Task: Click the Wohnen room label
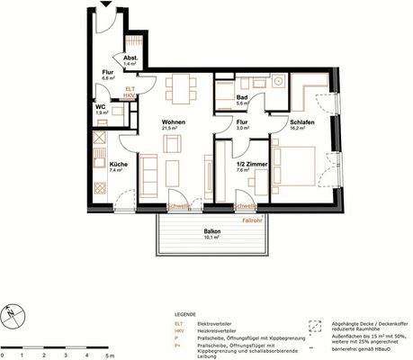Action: tap(174, 121)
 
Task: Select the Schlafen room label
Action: tap(302, 121)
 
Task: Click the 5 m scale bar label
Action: tap(109, 330)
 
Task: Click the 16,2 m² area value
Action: tap(299, 129)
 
